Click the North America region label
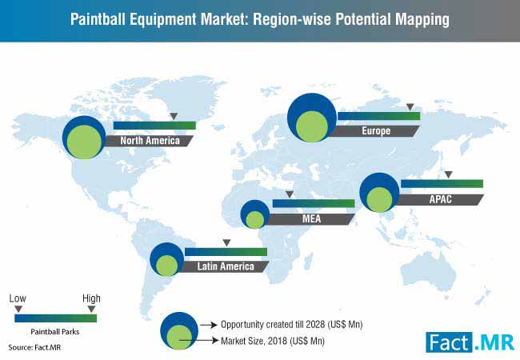coord(150,141)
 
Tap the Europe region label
coord(376,131)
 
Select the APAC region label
coord(441,199)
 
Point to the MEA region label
coord(311,218)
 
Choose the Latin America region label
coord(226,266)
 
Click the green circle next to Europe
coord(312,126)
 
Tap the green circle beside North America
coord(84,142)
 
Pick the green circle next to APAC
coord(380,199)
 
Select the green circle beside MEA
coord(255,220)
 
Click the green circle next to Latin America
coord(167,266)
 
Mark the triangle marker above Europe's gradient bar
coord(410,106)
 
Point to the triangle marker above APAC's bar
coord(448,174)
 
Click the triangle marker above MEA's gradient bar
coord(290,194)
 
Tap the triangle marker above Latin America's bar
coord(226,242)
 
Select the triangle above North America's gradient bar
coord(174,116)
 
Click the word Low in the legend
coord(18,298)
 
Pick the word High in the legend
coord(91,298)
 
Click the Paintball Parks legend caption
coord(55,331)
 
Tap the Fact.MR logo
coord(470,342)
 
